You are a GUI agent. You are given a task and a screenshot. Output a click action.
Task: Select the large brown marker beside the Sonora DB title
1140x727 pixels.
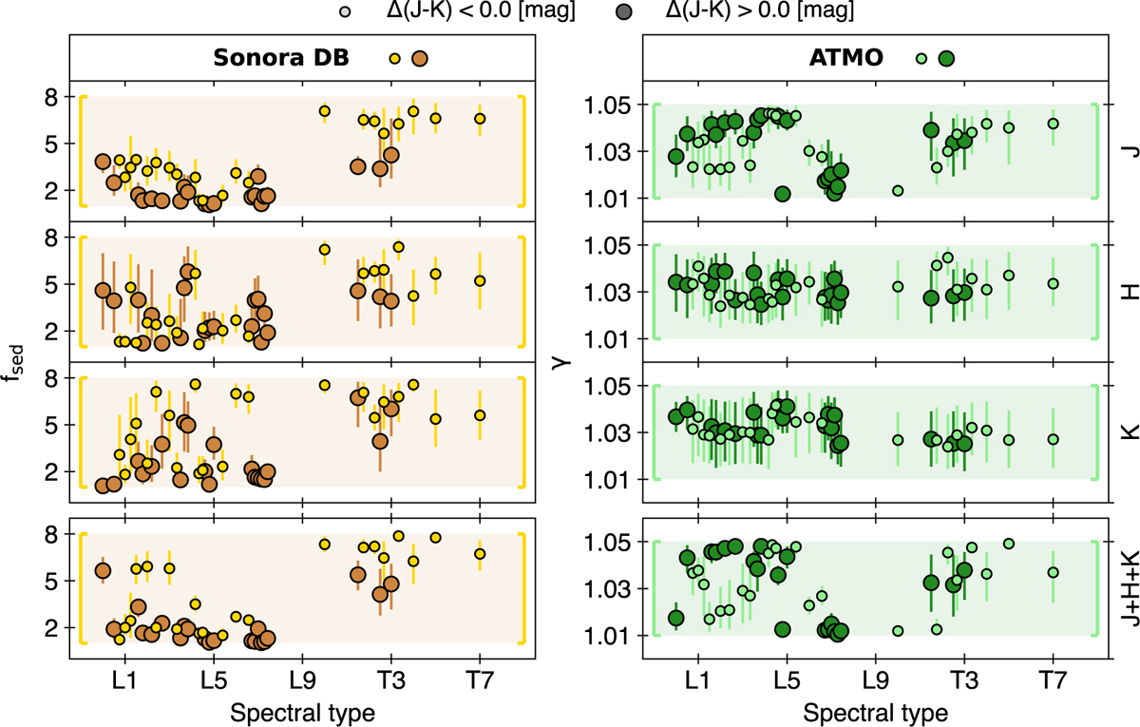pos(420,59)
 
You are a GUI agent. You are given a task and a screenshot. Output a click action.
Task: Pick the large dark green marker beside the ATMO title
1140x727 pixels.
pos(946,59)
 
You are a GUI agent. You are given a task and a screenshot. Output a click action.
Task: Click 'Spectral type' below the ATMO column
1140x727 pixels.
pos(874,711)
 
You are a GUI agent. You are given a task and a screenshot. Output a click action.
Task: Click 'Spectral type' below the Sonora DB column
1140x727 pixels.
pos(301,711)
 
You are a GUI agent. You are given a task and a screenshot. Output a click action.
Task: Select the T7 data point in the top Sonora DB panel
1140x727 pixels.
pos(480,119)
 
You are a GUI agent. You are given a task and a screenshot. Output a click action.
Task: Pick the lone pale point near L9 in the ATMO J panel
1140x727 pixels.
pos(898,191)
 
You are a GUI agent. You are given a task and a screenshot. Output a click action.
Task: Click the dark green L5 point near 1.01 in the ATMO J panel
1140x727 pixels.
pos(783,194)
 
